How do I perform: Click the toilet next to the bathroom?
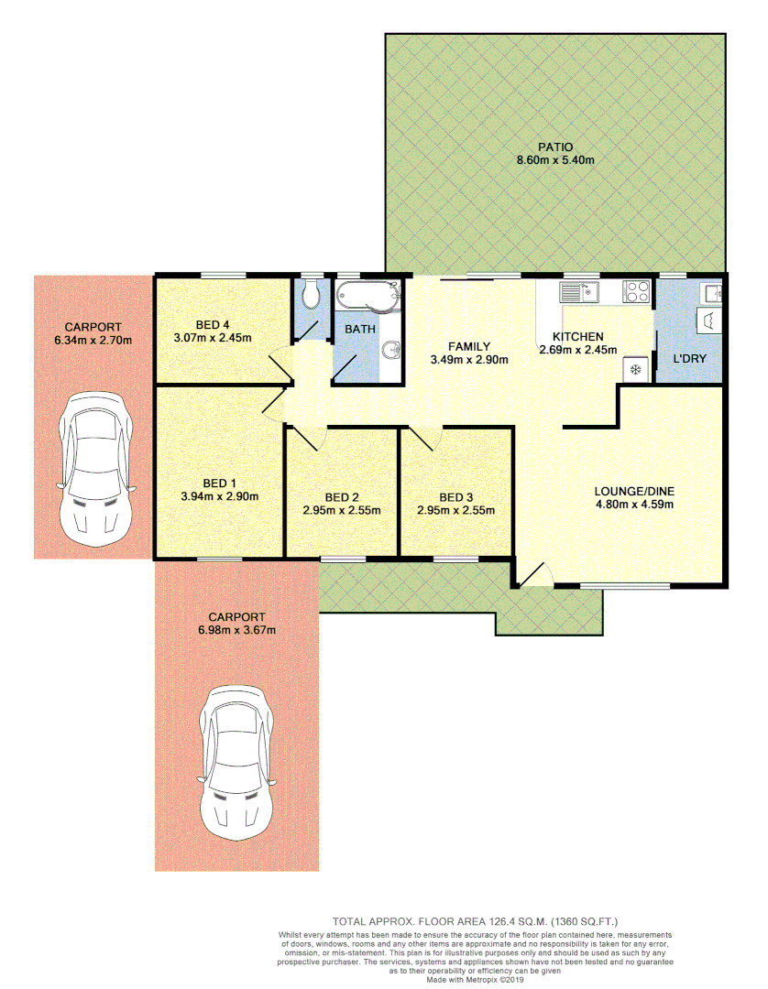[x=312, y=293]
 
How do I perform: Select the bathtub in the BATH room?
[x=368, y=296]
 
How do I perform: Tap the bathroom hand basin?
[x=390, y=350]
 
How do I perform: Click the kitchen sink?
[x=578, y=292]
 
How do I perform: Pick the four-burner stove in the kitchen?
[x=637, y=292]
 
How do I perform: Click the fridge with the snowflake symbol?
[x=634, y=369]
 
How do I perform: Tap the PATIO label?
[x=555, y=147]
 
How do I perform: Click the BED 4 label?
[x=214, y=324]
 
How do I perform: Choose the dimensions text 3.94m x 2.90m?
[x=219, y=497]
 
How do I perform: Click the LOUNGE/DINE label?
[x=635, y=491]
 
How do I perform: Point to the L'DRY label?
[x=689, y=358]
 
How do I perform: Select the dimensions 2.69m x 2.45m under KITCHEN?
[x=577, y=349]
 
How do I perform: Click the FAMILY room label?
[x=468, y=346]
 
